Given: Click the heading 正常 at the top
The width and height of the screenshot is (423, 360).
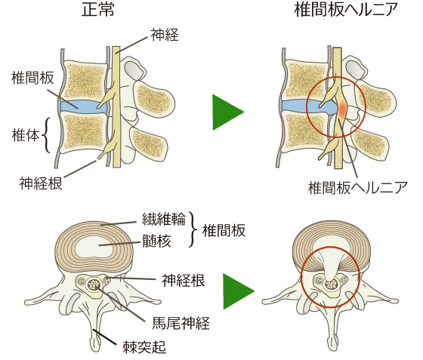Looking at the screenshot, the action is [97, 11].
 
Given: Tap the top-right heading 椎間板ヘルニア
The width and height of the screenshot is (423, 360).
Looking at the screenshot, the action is [347, 11].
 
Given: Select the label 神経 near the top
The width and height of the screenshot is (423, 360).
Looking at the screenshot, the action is [165, 35].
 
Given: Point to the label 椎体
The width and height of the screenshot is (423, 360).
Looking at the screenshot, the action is [26, 135].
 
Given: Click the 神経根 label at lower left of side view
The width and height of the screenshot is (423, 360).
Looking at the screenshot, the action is [41, 183].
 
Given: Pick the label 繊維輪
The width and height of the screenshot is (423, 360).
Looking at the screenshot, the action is [164, 219].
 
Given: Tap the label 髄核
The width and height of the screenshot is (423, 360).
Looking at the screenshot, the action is [156, 241].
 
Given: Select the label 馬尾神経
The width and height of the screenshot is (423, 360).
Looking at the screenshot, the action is [181, 323].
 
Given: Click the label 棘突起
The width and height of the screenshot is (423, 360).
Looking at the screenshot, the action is [144, 347].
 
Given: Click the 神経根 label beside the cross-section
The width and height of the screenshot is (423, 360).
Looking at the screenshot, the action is [184, 281].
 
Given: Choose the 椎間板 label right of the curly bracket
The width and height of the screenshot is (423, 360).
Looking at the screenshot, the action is [224, 231].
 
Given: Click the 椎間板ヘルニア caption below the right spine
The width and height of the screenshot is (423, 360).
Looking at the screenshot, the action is [358, 187].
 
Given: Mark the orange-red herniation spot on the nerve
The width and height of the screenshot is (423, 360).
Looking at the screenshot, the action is [342, 109].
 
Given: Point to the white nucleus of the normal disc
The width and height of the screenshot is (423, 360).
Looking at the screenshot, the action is [94, 247].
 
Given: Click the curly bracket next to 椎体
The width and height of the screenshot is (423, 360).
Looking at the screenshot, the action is [46, 135].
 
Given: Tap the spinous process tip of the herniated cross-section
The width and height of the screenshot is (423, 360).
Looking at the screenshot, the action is [332, 346].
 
